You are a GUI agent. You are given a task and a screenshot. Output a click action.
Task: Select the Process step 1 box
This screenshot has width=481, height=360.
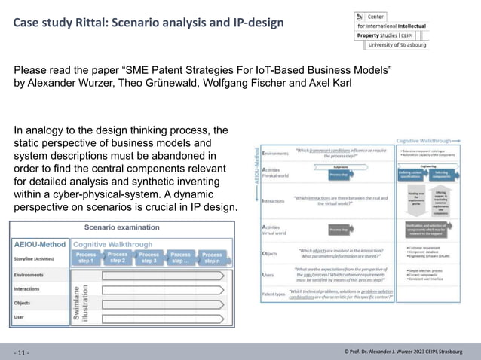(x=85, y=258)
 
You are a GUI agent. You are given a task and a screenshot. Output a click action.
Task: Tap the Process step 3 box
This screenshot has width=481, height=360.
(x=149, y=258)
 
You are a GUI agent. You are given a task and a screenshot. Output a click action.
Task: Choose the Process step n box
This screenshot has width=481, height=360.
(x=212, y=258)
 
